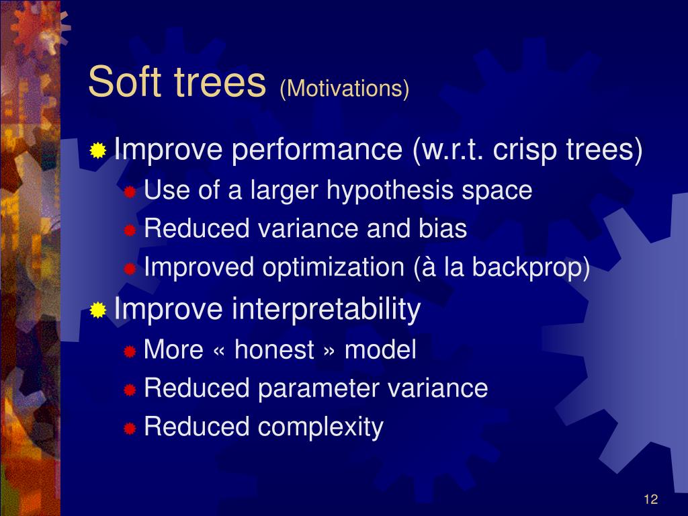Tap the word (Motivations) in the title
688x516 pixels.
pyautogui.click(x=345, y=88)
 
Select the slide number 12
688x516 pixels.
pyautogui.click(x=650, y=499)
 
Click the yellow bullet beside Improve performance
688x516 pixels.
pyautogui.click(x=98, y=150)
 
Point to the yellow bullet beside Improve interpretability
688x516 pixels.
pyautogui.click(x=98, y=310)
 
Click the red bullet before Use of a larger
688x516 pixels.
pyautogui.click(x=130, y=191)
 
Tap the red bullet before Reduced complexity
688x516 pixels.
pyautogui.click(x=130, y=428)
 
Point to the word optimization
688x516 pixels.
pyautogui.click(x=333, y=267)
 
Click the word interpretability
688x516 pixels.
pyautogui.click(x=326, y=309)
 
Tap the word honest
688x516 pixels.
pyautogui.click(x=274, y=349)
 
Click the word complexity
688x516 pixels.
pyautogui.click(x=320, y=427)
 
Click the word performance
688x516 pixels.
pyautogui.click(x=317, y=150)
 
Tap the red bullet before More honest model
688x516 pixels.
pyautogui.click(x=130, y=351)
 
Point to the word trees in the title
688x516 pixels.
pyautogui.click(x=220, y=83)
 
